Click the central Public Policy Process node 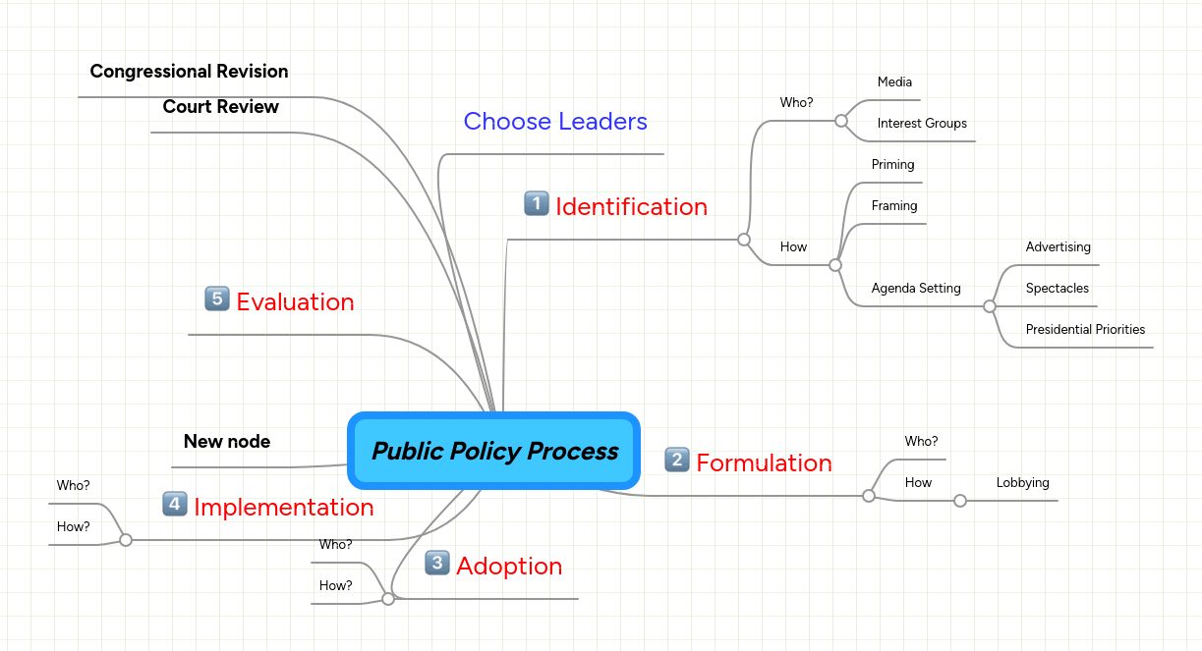(494, 451)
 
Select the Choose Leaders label (555, 122)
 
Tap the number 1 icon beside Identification (536, 203)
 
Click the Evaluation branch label (295, 302)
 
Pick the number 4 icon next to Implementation (175, 505)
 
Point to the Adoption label (509, 567)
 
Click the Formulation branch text (764, 462)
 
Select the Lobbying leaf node (1022, 483)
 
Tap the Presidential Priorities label (1085, 330)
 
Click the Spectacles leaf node (1057, 289)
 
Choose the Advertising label (1058, 247)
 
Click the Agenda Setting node (915, 289)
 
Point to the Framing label (893, 206)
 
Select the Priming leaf (892, 165)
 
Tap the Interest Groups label (922, 124)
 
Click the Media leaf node (894, 82)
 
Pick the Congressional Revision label (189, 72)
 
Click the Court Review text (220, 107)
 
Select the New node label (226, 442)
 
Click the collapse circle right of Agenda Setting (990, 307)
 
